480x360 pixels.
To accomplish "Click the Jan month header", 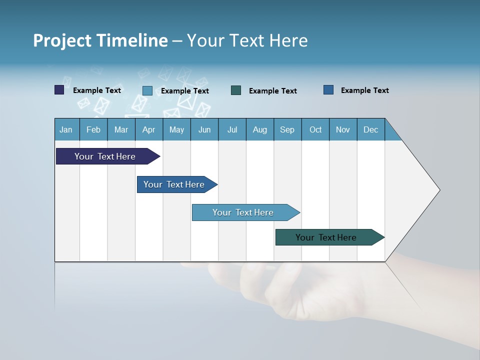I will tap(66, 129).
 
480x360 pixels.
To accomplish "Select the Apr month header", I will tap(149, 129).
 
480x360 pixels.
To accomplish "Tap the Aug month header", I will tap(260, 129).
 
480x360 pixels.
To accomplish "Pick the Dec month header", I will tap(371, 129).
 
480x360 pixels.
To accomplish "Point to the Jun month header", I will tap(204, 129).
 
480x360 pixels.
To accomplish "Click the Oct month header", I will tap(315, 129).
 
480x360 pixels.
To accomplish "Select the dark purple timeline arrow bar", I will tap(105, 156).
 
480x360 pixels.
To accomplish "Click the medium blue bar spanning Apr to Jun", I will tap(174, 184).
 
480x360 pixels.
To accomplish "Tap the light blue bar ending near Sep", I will tap(243, 212).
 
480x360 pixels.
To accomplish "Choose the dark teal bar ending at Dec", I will tap(326, 237).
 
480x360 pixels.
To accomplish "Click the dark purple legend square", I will tap(59, 90).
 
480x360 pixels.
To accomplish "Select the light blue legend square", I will tap(147, 90).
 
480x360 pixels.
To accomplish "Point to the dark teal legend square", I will tap(236, 90).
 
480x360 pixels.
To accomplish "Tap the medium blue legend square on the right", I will tap(328, 90).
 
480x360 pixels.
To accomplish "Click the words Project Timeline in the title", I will tap(100, 40).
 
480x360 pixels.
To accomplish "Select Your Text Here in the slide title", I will tap(247, 40).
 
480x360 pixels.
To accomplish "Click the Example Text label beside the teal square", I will tap(273, 91).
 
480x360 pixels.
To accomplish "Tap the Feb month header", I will tap(93, 129).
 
